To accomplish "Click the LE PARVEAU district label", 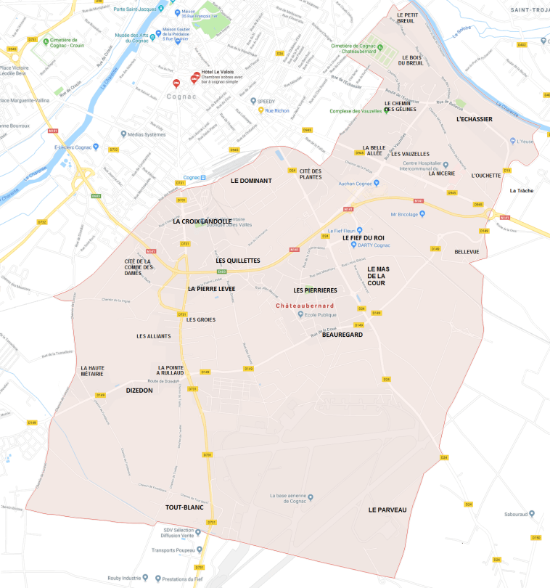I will [387, 510].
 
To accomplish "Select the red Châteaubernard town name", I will [305, 306].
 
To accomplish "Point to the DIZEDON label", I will [139, 390].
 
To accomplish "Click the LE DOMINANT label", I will [250, 180].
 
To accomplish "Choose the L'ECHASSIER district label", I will [474, 118].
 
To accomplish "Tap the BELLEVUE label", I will [467, 252].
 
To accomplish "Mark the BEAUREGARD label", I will [342, 335].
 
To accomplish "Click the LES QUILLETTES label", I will [237, 260].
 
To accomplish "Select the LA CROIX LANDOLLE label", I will [202, 221].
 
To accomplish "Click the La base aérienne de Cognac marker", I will [311, 497].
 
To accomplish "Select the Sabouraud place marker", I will [532, 514].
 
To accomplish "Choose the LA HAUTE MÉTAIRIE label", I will [92, 371].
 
